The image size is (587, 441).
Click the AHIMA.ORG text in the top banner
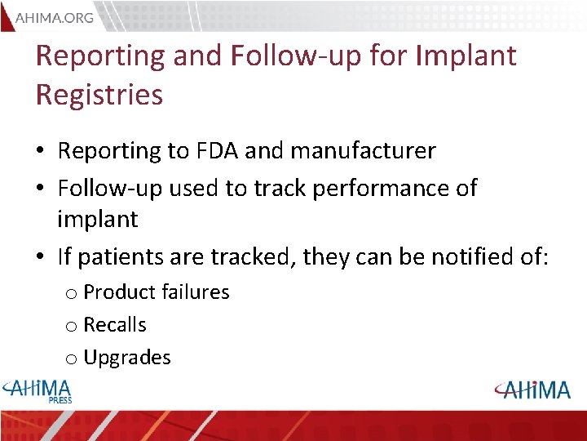(x=55, y=16)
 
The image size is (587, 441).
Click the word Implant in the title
(x=466, y=56)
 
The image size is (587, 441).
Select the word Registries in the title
(x=99, y=95)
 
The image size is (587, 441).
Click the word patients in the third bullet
(x=121, y=257)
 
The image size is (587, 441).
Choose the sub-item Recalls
(x=115, y=325)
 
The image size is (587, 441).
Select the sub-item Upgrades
(x=127, y=358)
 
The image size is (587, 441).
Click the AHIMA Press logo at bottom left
(x=38, y=390)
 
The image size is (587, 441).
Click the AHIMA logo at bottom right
(x=532, y=390)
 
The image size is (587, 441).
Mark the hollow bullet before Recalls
(x=71, y=327)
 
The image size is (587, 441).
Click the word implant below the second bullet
(x=98, y=220)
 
